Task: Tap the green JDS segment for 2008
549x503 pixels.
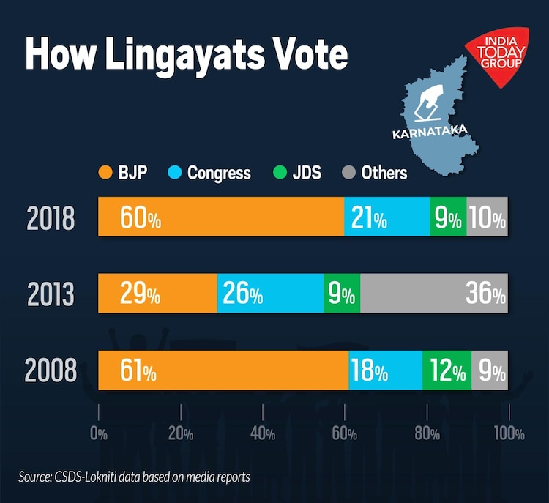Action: point(447,370)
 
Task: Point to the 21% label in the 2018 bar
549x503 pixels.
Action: point(369,217)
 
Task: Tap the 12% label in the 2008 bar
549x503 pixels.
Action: point(448,371)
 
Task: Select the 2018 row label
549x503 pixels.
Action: point(51,217)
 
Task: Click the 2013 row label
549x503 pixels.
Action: point(51,294)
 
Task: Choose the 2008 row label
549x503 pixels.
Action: point(51,371)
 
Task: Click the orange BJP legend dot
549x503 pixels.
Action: point(105,174)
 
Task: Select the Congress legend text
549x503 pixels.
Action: point(219,174)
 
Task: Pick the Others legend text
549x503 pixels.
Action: point(384,174)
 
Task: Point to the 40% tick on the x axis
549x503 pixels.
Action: point(261,433)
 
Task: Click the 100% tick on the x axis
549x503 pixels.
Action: point(508,433)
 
